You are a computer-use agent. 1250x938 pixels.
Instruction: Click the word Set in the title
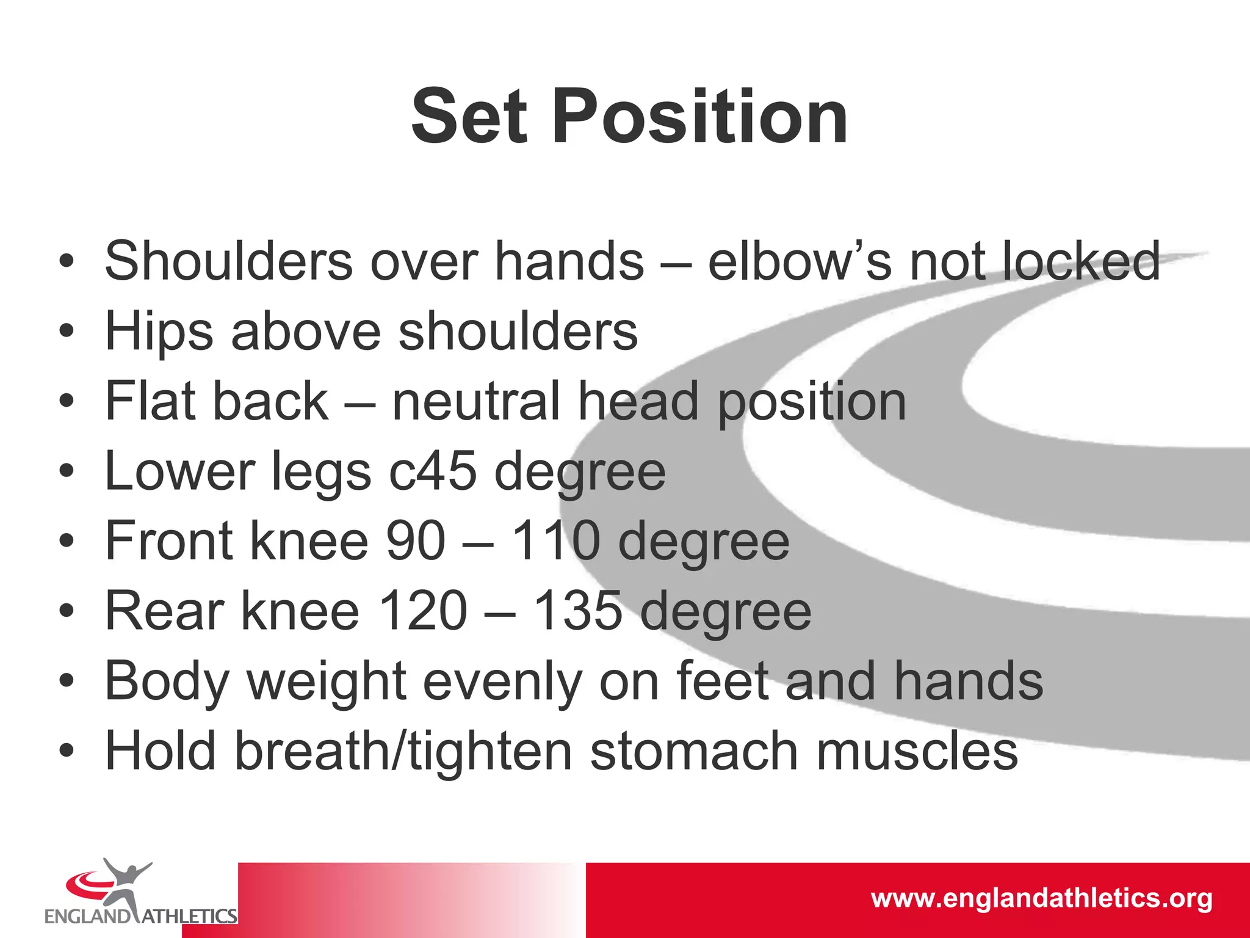[x=468, y=117]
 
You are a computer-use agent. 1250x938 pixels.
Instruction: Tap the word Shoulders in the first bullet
[x=229, y=261]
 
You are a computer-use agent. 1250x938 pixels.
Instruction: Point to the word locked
[x=1080, y=261]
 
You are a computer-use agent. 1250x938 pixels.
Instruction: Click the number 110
[x=555, y=541]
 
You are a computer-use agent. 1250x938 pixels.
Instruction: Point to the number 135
[x=577, y=611]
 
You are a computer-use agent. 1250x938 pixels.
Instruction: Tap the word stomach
[x=694, y=752]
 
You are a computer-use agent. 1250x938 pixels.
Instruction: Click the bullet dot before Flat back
[x=67, y=402]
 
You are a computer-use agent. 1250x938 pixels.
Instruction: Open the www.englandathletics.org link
[x=1041, y=898]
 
